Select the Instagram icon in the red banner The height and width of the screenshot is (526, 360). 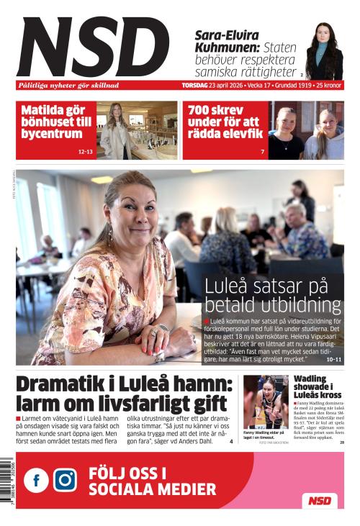(65, 480)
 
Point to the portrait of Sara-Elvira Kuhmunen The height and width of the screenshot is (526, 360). (323, 51)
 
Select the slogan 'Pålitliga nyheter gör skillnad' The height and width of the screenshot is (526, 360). (68, 86)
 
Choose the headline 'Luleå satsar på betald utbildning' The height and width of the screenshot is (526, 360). (272, 295)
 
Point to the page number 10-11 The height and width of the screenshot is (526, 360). (334, 358)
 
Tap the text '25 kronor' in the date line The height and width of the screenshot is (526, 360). (330, 86)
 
